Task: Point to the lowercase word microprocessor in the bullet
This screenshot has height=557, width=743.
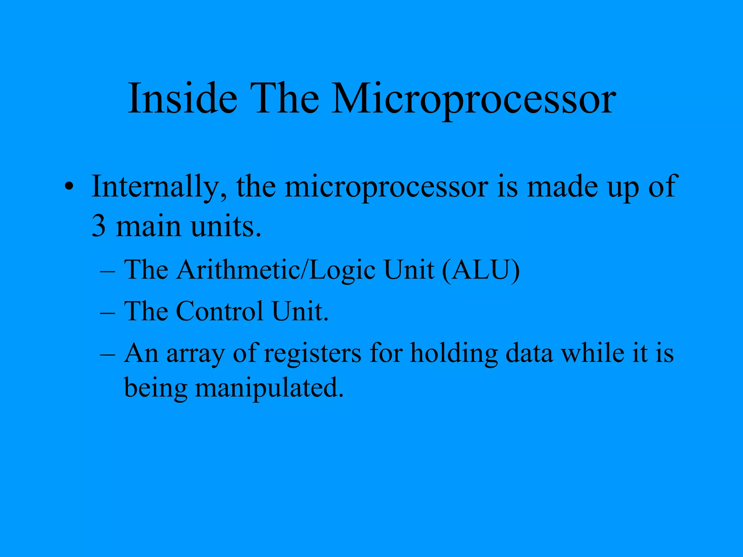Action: pyautogui.click(x=386, y=187)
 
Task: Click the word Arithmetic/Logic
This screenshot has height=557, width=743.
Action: pyautogui.click(x=276, y=270)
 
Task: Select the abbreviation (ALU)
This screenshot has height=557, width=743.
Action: pyautogui.click(x=481, y=270)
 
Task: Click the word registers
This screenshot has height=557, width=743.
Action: pyautogui.click(x=312, y=353)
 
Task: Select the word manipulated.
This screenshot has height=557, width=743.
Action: pyautogui.click(x=269, y=388)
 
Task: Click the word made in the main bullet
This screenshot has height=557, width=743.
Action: pyautogui.click(x=562, y=187)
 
